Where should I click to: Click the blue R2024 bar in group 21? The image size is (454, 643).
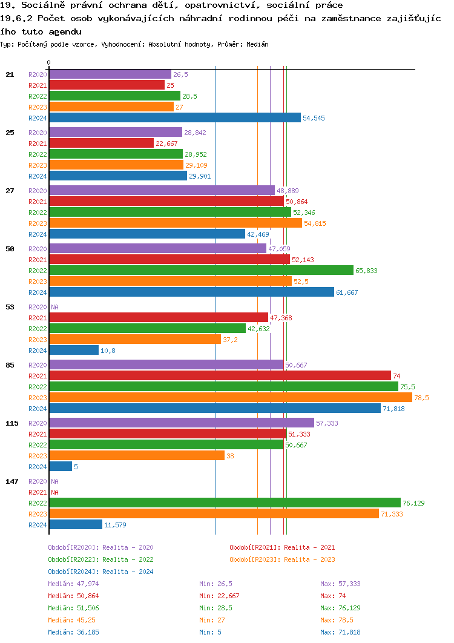[174, 118]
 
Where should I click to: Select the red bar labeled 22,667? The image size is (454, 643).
[101, 143]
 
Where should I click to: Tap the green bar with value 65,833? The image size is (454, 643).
[201, 271]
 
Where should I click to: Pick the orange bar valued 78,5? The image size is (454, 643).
[230, 398]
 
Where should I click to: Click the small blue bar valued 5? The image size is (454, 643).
[60, 467]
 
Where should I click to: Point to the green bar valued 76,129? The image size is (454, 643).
[225, 503]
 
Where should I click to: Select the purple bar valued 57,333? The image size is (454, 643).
[181, 423]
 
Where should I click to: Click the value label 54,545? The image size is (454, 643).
[314, 118]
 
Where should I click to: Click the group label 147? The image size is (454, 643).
[12, 481]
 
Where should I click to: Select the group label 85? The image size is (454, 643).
[10, 365]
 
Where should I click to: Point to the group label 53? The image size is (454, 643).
[10, 307]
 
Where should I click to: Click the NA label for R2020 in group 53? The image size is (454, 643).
[54, 307]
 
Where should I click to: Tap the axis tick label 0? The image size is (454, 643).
[48, 62]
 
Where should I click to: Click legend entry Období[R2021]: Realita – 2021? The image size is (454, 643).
[282, 547]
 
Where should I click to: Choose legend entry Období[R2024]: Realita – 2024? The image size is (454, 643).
[100, 572]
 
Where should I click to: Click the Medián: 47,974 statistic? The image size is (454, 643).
[73, 584]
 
